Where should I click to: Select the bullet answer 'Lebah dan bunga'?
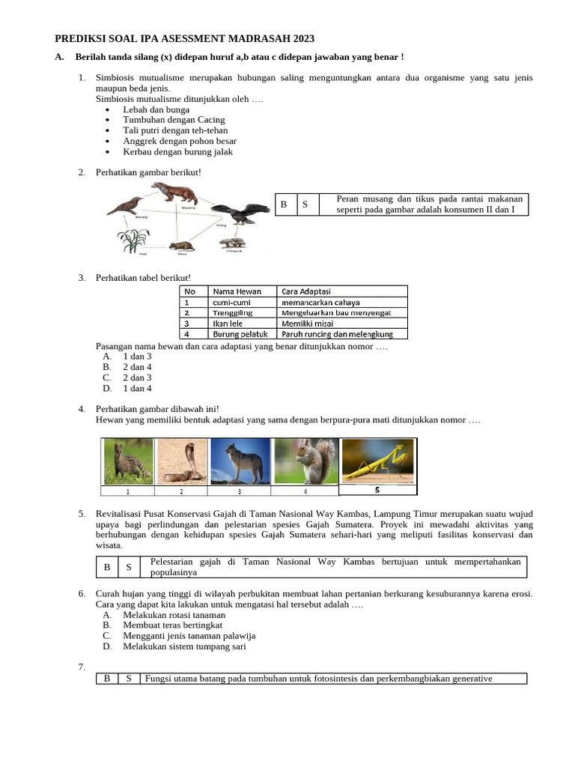(156, 109)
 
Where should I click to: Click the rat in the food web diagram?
(181, 246)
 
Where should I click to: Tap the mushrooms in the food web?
(232, 243)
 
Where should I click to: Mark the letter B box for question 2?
(285, 204)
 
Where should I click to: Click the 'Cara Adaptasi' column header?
(306, 291)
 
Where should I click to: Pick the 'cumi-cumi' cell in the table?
(231, 303)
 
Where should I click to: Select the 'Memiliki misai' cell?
(307, 324)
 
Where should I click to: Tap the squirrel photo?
(305, 461)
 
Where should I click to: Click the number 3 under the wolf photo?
(239, 492)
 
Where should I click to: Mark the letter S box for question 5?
(129, 568)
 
